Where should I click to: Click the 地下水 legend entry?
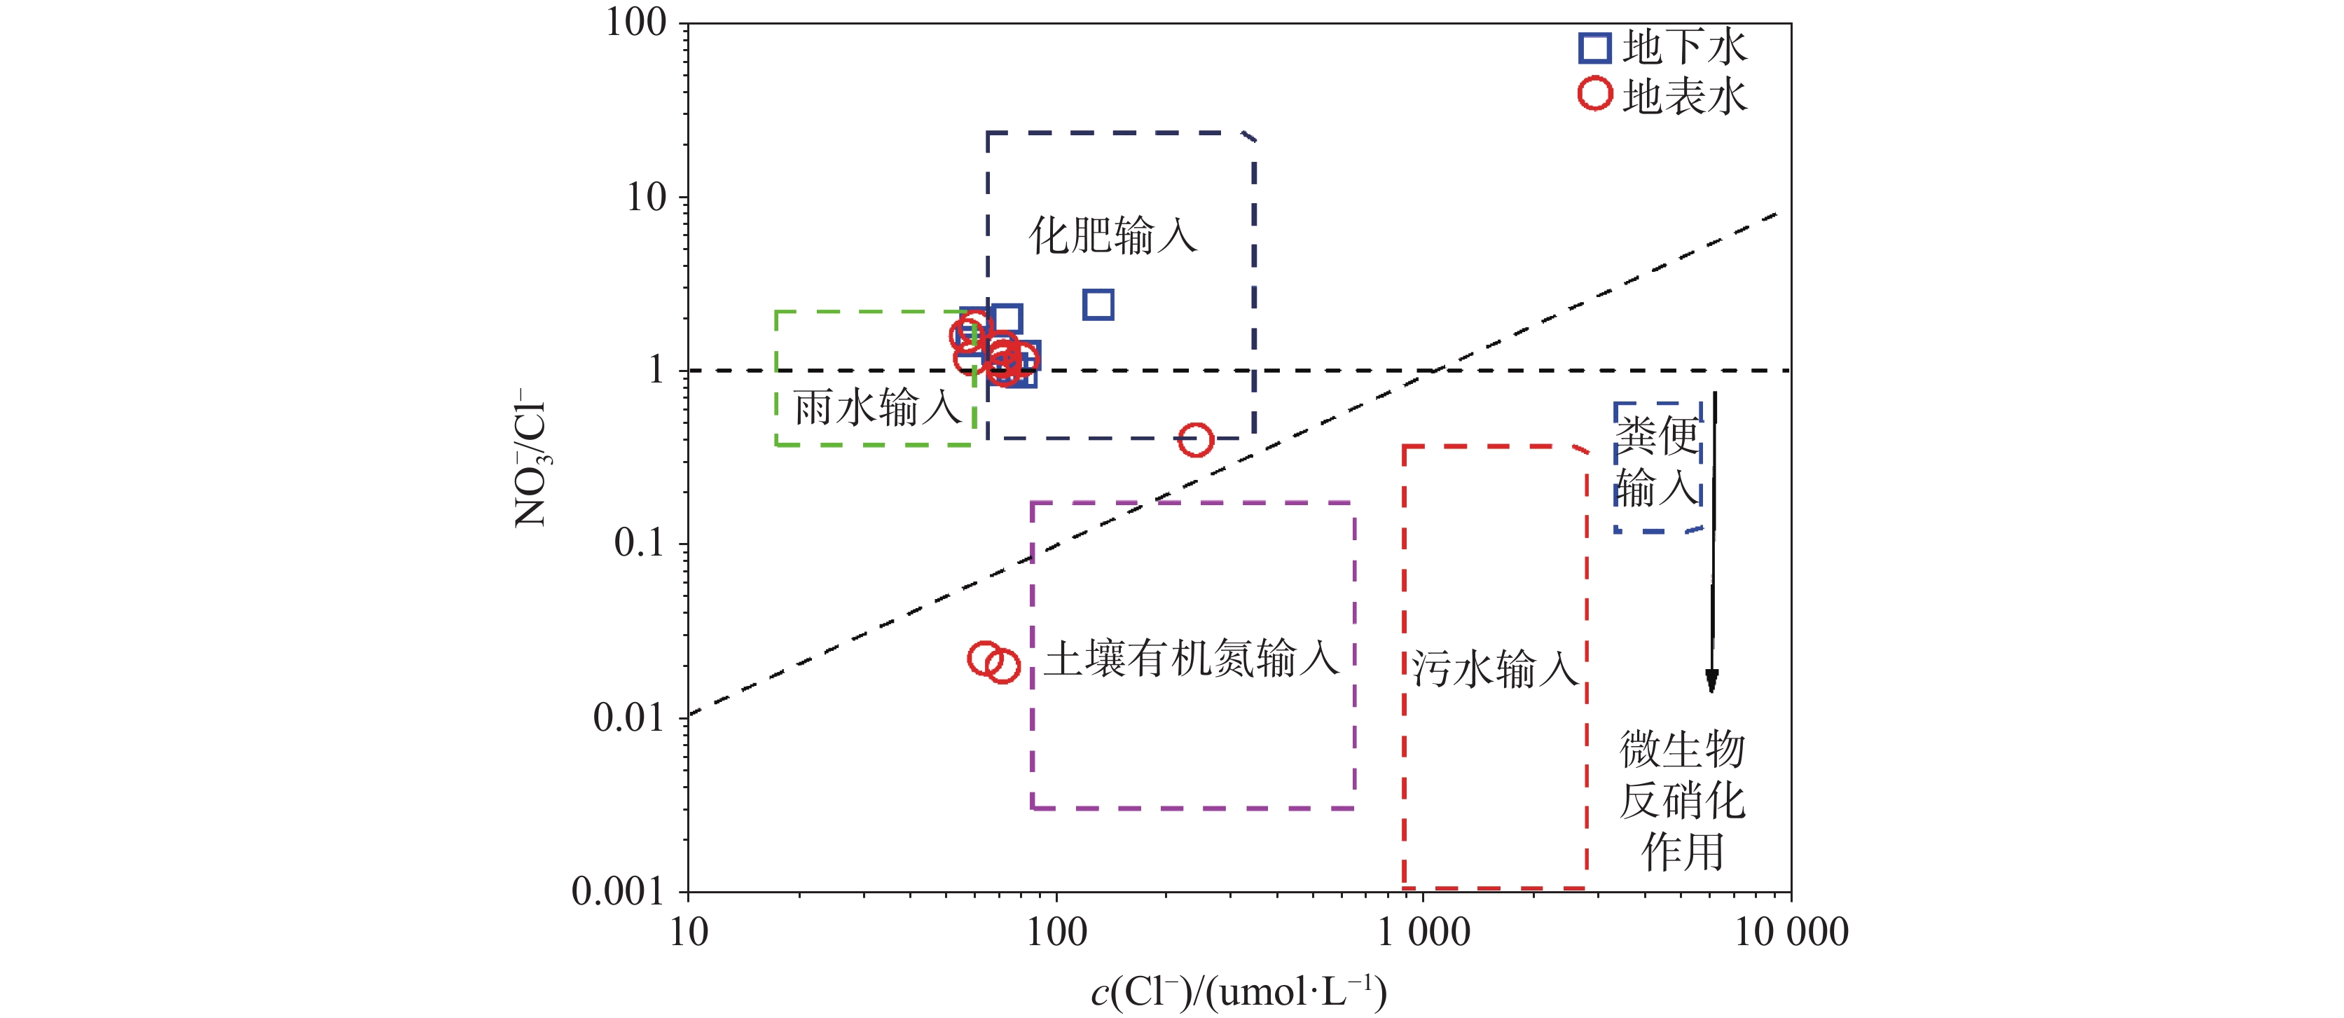click(1663, 48)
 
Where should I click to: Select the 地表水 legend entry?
click(1663, 95)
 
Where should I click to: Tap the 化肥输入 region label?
click(1113, 235)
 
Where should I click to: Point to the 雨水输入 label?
click(877, 408)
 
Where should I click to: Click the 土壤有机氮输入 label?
click(1191, 659)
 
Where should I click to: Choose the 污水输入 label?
click(1494, 668)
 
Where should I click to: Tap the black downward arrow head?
click(1711, 682)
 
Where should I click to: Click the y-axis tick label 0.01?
click(628, 718)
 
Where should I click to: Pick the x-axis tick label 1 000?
click(1423, 933)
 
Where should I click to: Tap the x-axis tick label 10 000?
click(1791, 933)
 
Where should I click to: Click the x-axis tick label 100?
click(1056, 933)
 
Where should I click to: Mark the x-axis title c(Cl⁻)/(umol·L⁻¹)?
click(1239, 991)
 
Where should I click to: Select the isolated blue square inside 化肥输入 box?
click(1098, 304)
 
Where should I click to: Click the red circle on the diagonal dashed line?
click(1196, 440)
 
